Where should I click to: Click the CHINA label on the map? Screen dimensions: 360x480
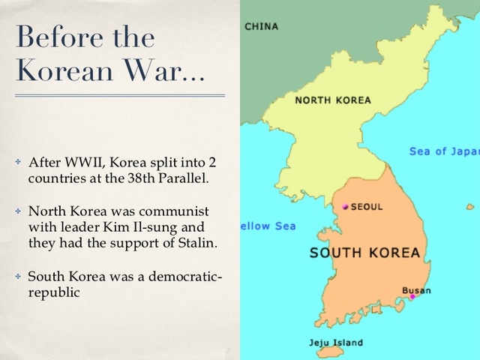pos(261,26)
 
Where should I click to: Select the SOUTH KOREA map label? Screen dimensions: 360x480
pos(365,253)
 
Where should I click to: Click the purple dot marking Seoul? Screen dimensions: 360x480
pos(345,206)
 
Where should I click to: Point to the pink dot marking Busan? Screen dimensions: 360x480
pos(412,297)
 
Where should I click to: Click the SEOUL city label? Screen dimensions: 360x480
pos(367,206)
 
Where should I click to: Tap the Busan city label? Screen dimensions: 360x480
pos(416,289)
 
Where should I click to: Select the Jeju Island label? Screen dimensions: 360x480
pos(336,343)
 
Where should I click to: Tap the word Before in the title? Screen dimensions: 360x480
pos(59,37)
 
